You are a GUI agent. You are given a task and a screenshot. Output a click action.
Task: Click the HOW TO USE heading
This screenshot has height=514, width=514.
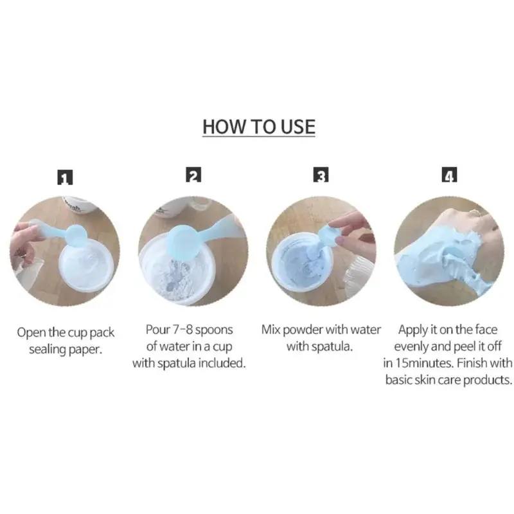coord(259,127)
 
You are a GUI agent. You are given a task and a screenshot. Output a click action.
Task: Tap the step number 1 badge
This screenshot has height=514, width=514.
coord(65,177)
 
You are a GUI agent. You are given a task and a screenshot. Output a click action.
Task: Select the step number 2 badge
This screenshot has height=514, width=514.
coord(193,175)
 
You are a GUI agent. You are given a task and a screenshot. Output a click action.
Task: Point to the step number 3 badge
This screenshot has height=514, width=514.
coord(321,175)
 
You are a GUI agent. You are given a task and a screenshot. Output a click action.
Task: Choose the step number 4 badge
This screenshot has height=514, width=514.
coord(449,175)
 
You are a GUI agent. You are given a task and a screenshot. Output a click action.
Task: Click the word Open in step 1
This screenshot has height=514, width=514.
coord(31,333)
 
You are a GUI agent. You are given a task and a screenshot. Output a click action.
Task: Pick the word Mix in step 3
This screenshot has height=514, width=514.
coord(270,330)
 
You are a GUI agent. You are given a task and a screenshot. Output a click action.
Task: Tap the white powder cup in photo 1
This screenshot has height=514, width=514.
coord(86,265)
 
